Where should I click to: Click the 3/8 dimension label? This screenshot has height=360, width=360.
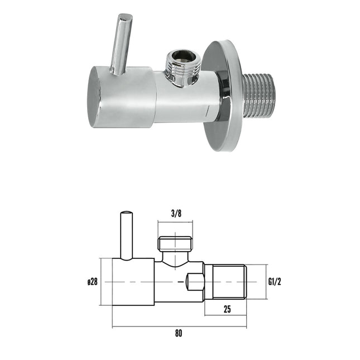tap(175, 212)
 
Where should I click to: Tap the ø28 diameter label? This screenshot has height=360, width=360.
tap(92, 282)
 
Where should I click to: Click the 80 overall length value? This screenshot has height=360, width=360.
tap(179, 333)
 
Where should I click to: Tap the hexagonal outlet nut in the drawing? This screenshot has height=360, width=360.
tap(175, 244)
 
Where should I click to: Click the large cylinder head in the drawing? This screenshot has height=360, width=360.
tap(133, 282)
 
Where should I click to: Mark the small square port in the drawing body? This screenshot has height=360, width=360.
tap(195, 282)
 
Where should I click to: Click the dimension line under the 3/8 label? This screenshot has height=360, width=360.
tap(175, 222)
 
